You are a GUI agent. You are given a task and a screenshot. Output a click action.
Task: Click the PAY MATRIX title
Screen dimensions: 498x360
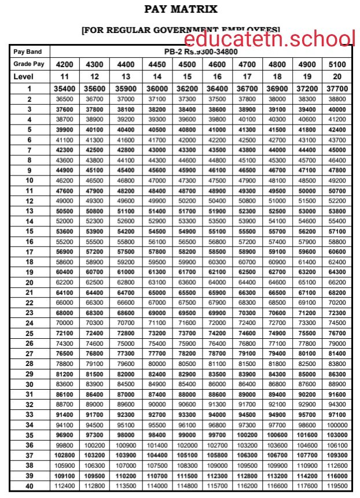click(181, 9)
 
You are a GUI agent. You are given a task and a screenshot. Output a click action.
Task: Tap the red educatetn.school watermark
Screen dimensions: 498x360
click(270, 39)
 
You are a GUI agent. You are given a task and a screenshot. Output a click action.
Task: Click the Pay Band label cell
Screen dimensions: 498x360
click(27, 52)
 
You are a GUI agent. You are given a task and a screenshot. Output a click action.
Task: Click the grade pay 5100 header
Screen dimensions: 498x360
click(337, 64)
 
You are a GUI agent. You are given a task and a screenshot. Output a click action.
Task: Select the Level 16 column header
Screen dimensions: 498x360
click(217, 76)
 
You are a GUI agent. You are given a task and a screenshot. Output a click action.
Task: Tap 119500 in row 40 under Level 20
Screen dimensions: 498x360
click(337, 485)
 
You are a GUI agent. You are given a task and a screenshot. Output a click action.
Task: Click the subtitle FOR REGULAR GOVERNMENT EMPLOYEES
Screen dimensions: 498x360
click(181, 30)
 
